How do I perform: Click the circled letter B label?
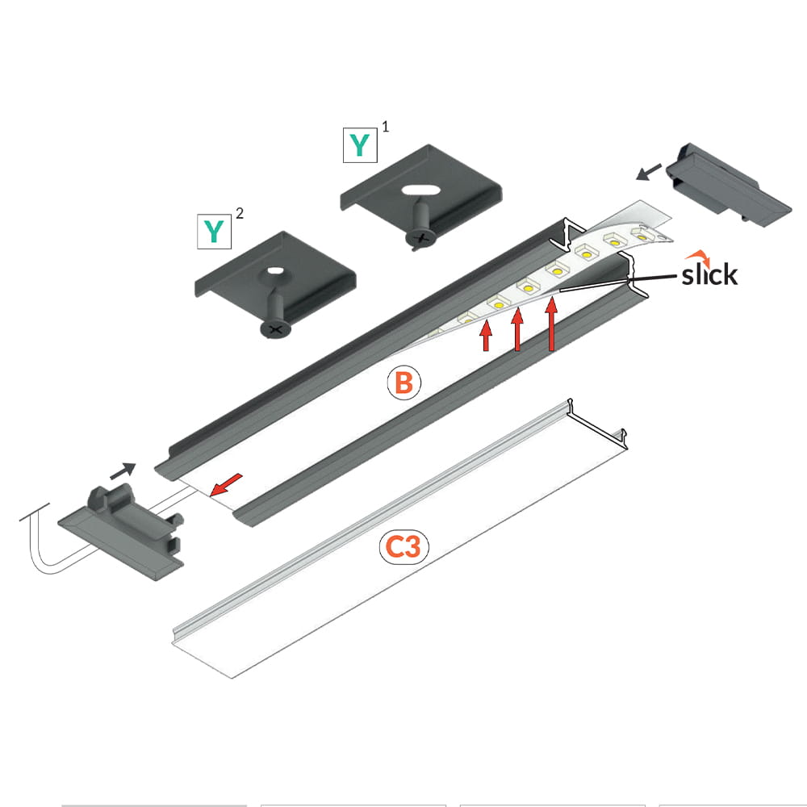click(404, 383)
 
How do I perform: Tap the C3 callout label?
click(404, 546)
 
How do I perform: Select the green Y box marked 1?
click(360, 145)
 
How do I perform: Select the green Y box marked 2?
click(214, 232)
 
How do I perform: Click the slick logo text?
click(709, 274)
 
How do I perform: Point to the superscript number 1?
click(386, 126)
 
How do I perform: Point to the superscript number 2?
click(240, 212)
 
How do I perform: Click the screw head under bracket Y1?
click(421, 238)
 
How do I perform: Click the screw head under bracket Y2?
click(275, 328)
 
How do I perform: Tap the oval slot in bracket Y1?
click(421, 190)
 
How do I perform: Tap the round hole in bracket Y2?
click(274, 270)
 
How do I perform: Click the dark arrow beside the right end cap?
click(649, 172)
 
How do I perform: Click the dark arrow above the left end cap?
click(123, 470)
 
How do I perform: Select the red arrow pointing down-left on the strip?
click(226, 485)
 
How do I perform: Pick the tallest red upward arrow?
click(552, 324)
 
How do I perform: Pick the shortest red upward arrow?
click(486, 336)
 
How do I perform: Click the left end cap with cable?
click(122, 532)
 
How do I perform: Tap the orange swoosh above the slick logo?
click(697, 255)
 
